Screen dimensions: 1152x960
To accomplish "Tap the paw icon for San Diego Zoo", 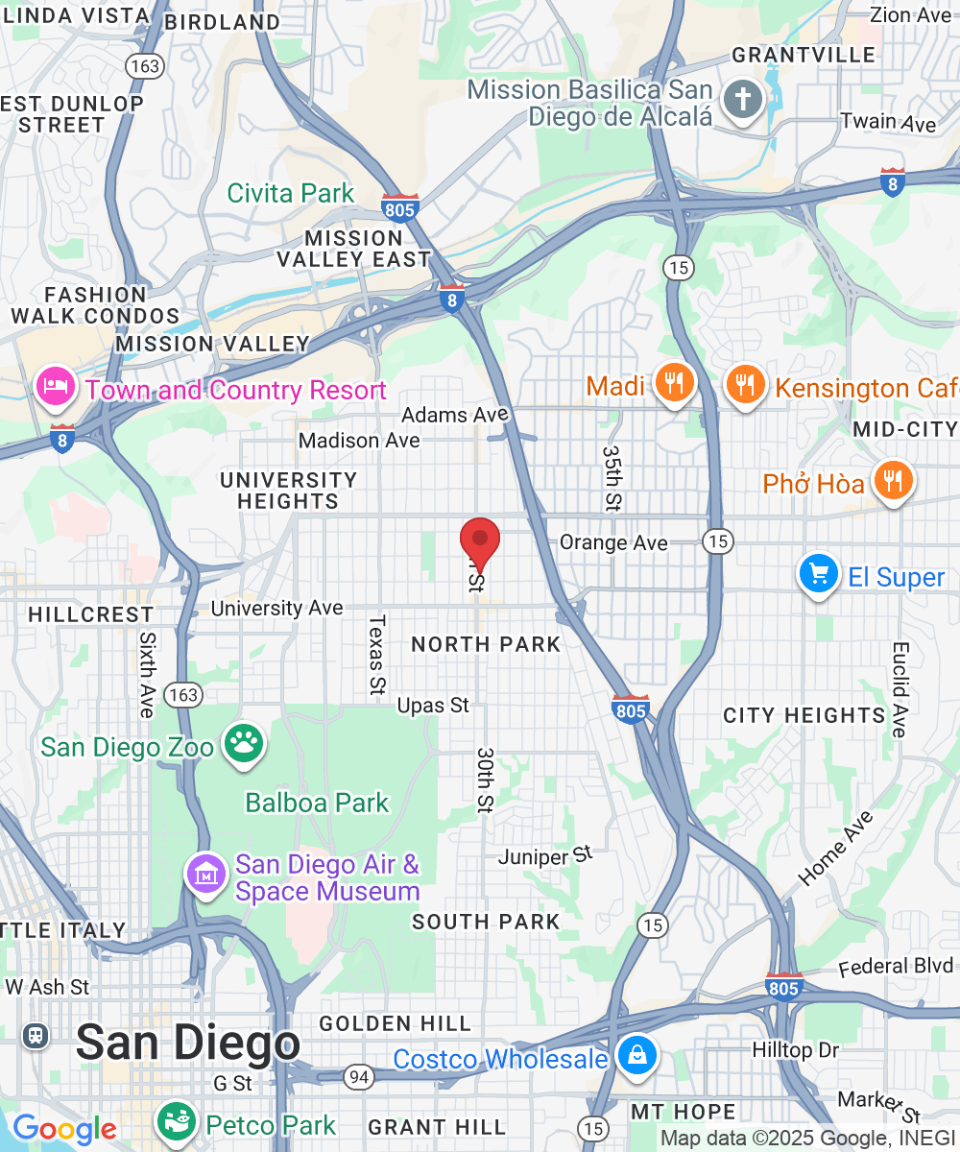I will [x=244, y=744].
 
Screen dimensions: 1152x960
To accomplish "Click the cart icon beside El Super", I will [x=818, y=576].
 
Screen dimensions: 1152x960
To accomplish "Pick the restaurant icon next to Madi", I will [x=675, y=384].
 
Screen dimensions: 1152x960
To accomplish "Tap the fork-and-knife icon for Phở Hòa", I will [x=893, y=480].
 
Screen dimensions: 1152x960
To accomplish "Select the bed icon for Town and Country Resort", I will [x=56, y=388].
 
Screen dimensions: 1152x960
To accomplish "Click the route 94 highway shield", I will [x=359, y=1078].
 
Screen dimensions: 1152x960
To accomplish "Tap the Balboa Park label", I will [x=317, y=803].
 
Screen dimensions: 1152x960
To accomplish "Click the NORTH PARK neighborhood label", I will [x=486, y=644].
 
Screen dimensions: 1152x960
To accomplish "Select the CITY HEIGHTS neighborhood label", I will [x=804, y=715].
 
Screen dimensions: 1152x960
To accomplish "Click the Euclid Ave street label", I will [x=899, y=689].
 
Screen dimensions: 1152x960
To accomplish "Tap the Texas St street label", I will [x=375, y=654].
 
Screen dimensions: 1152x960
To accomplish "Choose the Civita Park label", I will [x=291, y=193].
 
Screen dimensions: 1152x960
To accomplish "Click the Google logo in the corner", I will [x=64, y=1129].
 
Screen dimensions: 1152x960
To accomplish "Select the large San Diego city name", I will [x=187, y=1043].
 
